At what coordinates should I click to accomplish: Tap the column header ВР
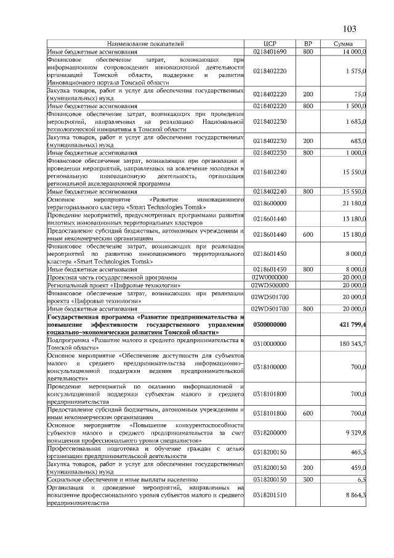pyautogui.click(x=308, y=44)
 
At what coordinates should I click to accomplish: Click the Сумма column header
pyautogui.click(x=343, y=44)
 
